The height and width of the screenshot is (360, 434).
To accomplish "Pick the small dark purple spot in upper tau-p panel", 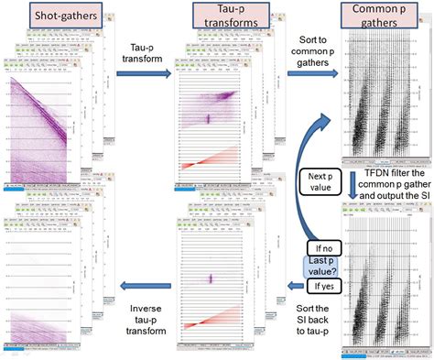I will point(208,118).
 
